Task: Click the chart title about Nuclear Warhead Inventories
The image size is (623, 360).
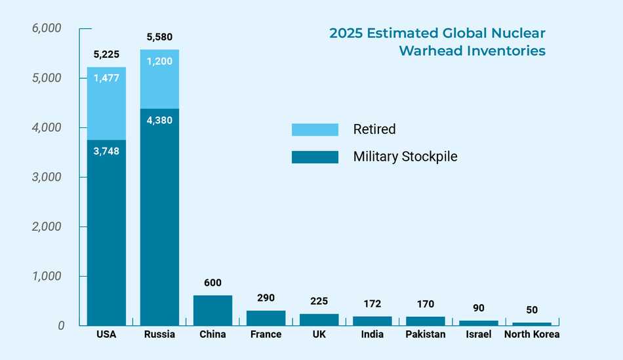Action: coord(437,42)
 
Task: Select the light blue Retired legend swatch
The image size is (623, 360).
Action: coord(315,130)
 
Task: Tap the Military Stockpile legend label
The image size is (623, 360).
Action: coord(405,157)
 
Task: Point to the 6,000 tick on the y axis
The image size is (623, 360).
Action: coord(47,28)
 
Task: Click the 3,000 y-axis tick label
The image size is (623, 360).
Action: coord(47,177)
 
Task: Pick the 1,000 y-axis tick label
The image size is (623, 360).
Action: coord(47,276)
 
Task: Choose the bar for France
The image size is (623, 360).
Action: coord(266,318)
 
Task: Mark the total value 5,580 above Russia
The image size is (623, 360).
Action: coord(159,37)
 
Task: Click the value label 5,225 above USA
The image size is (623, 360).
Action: coord(106,54)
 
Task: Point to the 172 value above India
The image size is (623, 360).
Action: coord(372,304)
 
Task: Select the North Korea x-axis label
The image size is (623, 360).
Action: coord(532,334)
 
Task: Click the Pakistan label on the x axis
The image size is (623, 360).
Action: coord(425,334)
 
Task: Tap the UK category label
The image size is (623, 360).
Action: coord(319,334)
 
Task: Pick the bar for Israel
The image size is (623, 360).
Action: coord(478,323)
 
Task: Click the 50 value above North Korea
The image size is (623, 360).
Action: coord(532,309)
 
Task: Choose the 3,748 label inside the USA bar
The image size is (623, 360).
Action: coord(106,151)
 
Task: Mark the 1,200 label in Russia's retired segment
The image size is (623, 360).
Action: coord(159,62)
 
